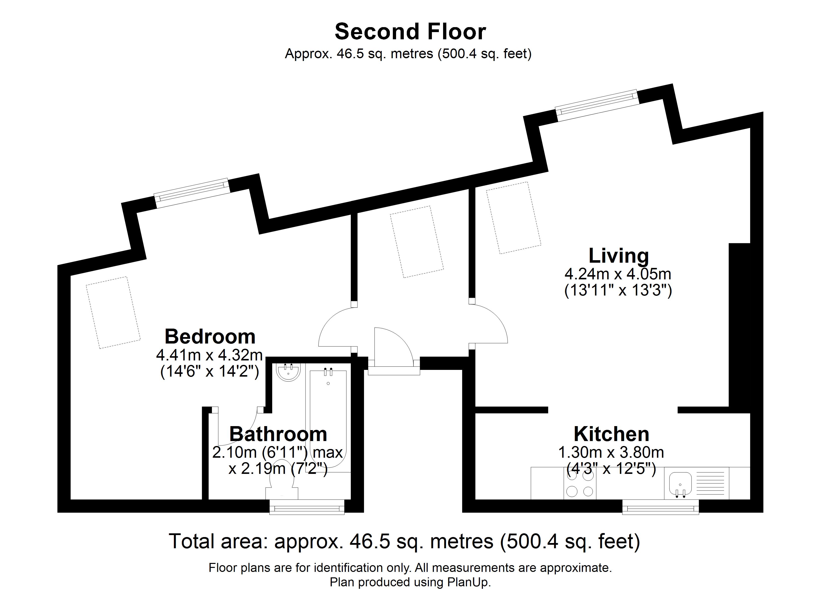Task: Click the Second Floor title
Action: [x=410, y=32]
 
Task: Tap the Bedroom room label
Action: [x=210, y=337]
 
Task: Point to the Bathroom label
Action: [x=278, y=434]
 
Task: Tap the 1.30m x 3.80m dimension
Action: [x=611, y=452]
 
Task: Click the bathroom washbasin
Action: [x=289, y=372]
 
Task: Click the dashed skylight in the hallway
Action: [x=417, y=242]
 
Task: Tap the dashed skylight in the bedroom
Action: [x=113, y=312]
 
